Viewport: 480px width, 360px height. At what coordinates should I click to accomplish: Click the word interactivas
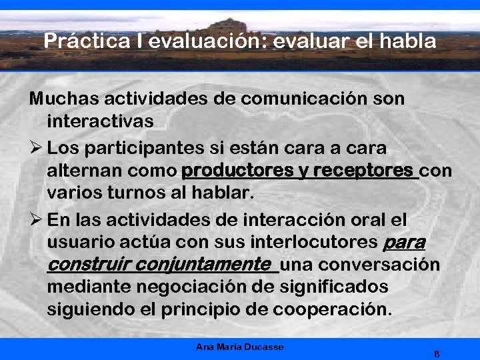101,122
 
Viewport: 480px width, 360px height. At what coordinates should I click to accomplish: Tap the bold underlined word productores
237,171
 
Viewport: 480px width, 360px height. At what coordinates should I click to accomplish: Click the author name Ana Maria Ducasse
240,347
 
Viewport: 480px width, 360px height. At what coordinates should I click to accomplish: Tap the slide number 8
436,353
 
